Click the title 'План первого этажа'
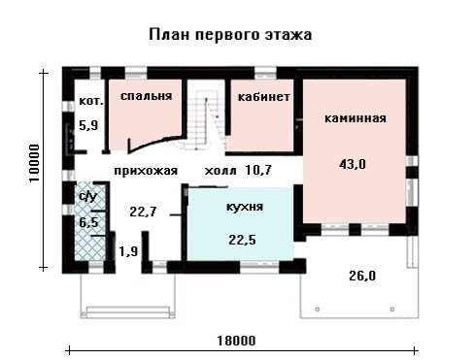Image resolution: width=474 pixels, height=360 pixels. click(230, 35)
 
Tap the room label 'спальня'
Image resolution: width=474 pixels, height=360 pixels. click(146, 96)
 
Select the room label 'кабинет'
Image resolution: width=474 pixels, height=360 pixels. click(263, 97)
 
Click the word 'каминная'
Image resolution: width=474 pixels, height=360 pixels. click(355, 118)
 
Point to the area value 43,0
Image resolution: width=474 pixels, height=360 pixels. click(353, 164)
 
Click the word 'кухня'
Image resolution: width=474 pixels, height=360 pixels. click(245, 207)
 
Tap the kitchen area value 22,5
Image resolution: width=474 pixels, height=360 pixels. click(242, 240)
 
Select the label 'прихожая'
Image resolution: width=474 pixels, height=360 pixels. click(146, 171)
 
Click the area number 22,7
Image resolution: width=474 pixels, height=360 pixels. click(143, 212)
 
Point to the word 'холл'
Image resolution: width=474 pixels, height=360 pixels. click(220, 171)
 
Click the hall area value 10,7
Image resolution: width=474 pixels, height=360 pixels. click(258, 170)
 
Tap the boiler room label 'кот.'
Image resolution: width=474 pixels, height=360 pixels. click(91, 101)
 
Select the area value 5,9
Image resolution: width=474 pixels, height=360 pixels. click(88, 125)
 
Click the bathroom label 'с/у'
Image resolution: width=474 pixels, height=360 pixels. click(87, 196)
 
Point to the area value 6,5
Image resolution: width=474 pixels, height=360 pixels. click(88, 222)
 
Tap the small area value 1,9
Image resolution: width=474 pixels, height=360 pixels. click(128, 251)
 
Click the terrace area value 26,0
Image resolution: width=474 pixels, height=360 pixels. click(362, 276)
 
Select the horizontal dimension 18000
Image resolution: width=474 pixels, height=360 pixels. click(236, 341)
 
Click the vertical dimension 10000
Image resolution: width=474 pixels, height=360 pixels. click(34, 163)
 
